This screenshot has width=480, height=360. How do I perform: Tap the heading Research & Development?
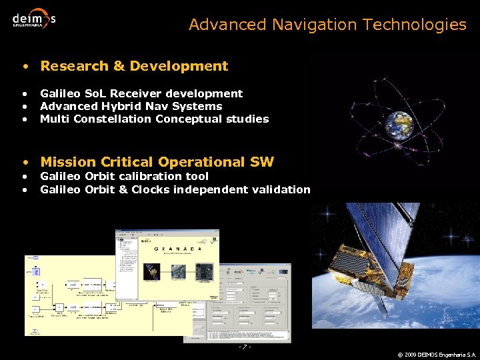(134, 66)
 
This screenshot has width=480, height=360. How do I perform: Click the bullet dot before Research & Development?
(25, 67)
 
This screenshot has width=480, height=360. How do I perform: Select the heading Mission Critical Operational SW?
(157, 162)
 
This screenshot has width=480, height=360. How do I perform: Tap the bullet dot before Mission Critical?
(25, 163)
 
